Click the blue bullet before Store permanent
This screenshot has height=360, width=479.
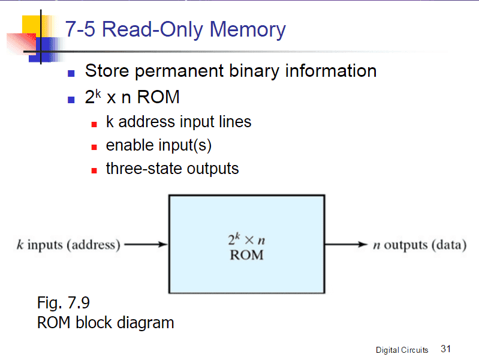tap(71, 74)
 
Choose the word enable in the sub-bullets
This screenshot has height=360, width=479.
tap(129, 145)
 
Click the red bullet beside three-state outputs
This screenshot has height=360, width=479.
tap(94, 171)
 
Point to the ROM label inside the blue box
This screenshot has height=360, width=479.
tap(246, 255)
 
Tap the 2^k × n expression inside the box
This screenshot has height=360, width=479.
tap(246, 239)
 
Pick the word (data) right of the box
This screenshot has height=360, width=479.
tap(449, 245)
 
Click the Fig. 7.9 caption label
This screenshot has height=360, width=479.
tap(63, 302)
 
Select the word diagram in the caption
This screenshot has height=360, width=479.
tap(146, 323)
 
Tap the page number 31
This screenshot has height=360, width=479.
tap(445, 349)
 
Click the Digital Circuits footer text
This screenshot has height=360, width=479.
tap(402, 350)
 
